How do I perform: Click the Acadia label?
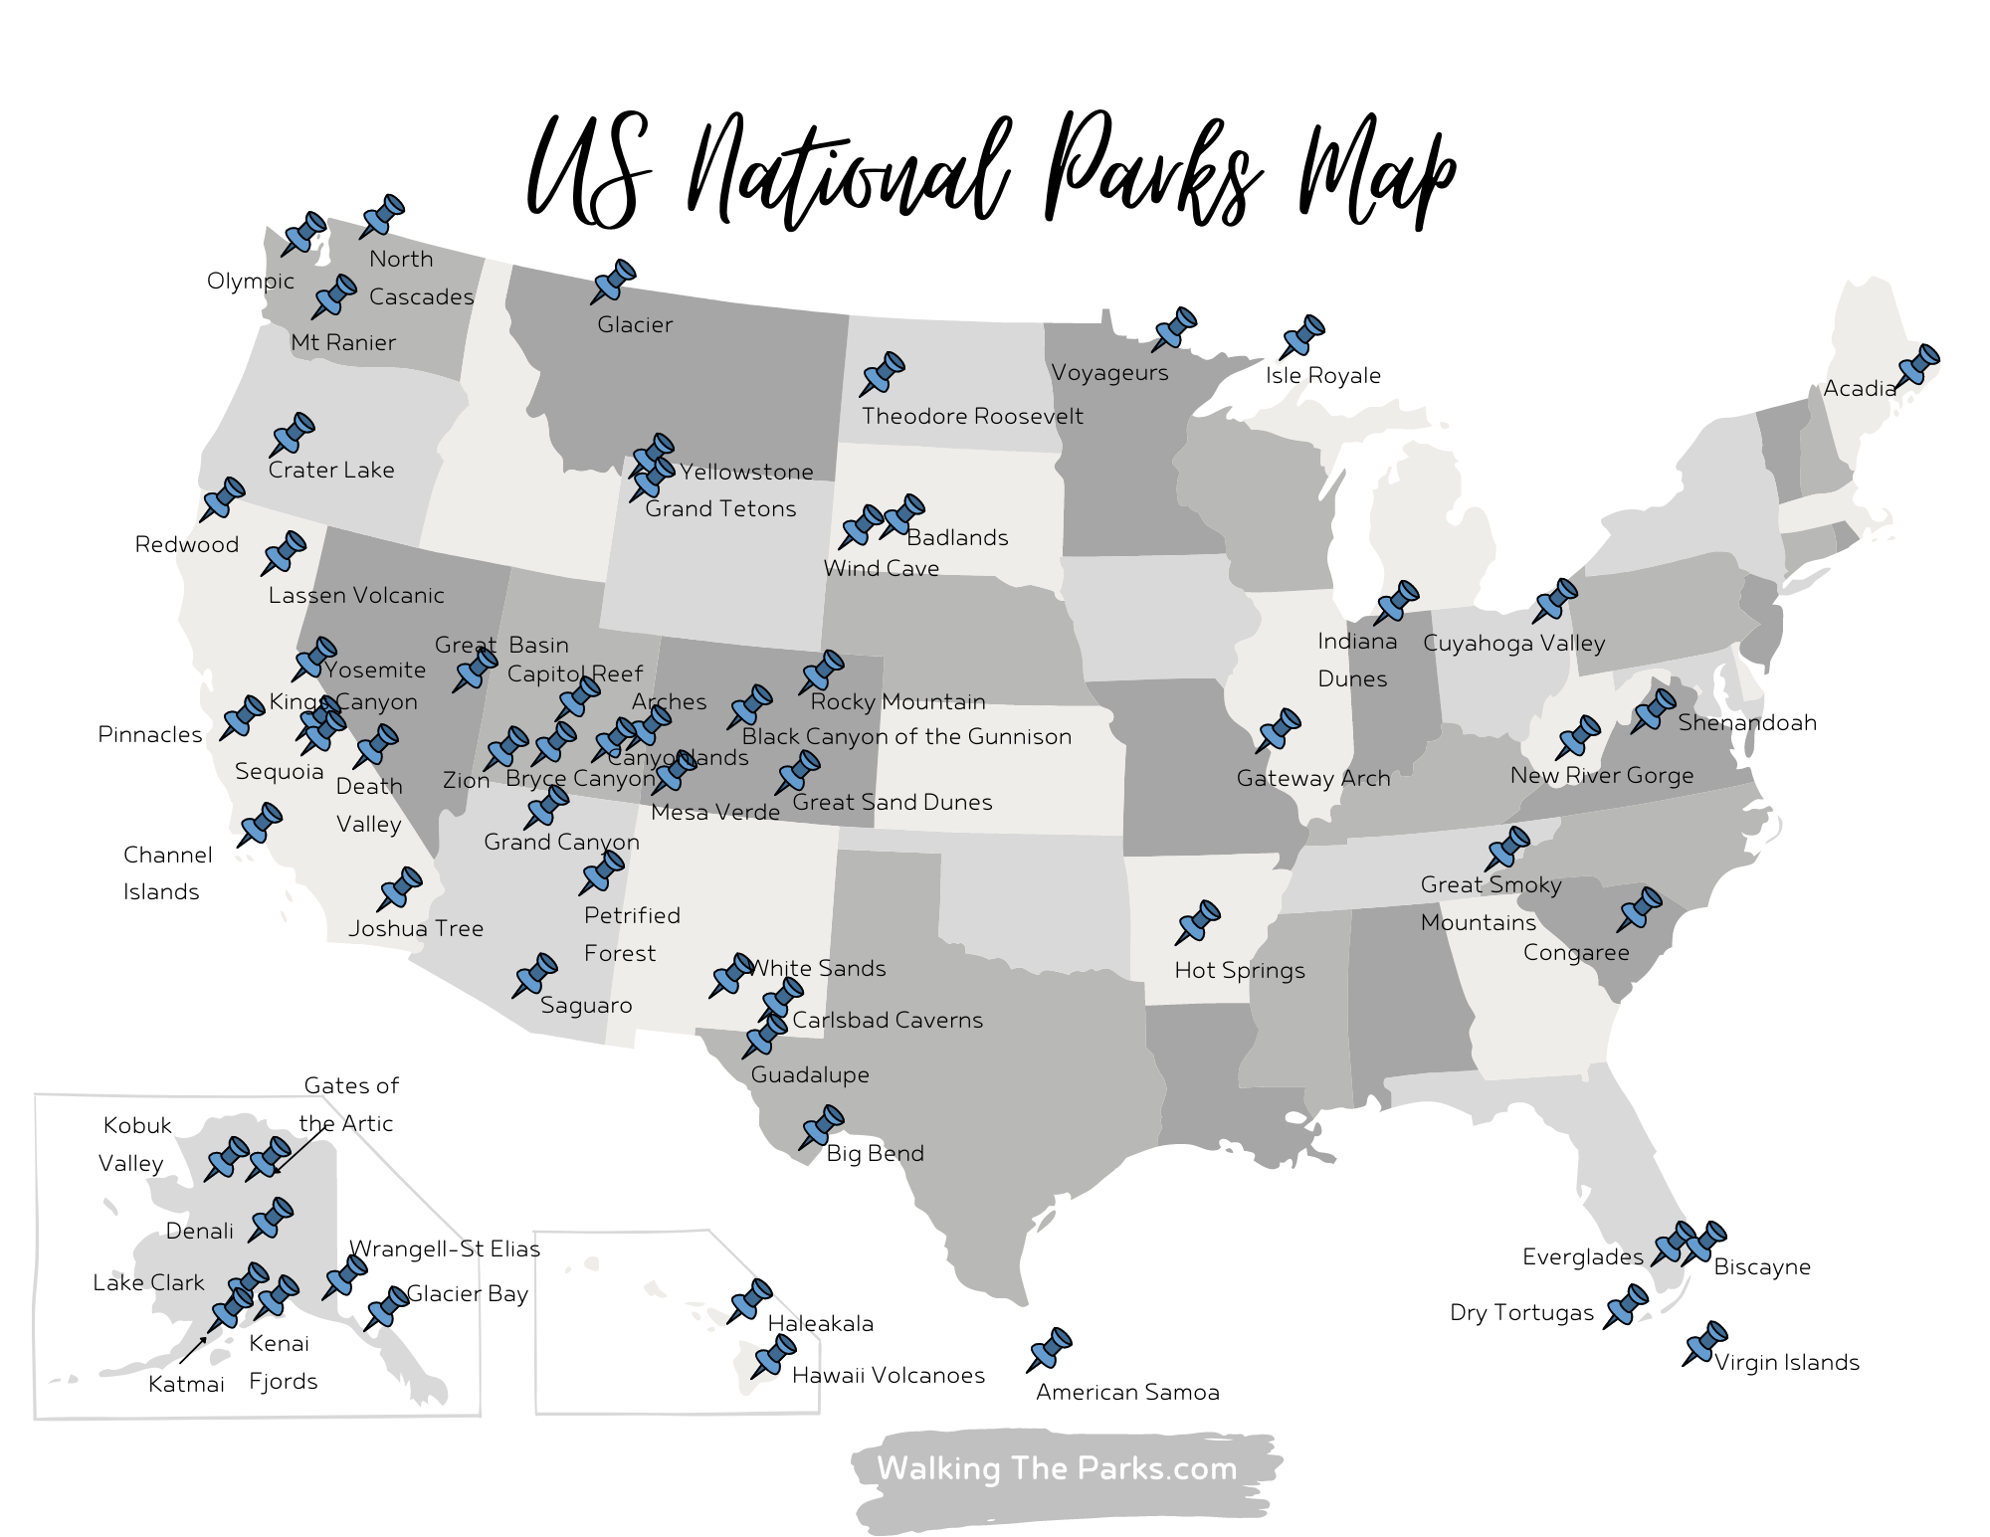click(1859, 389)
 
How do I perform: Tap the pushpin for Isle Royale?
click(1302, 336)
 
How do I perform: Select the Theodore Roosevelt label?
click(972, 416)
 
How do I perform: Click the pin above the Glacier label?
click(614, 282)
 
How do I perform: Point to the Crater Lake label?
click(331, 470)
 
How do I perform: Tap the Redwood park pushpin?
click(223, 498)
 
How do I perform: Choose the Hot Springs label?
click(1239, 970)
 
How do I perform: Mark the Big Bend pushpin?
click(823, 1127)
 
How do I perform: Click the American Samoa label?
click(1127, 1392)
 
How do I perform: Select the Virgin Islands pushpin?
click(1705, 1343)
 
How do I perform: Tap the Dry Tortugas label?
click(1521, 1312)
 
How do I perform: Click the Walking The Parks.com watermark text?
click(1057, 1468)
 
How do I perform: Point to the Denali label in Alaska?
click(199, 1231)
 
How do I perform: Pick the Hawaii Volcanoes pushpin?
click(774, 1356)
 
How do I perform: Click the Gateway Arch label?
click(1312, 778)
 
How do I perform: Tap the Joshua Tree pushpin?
click(400, 888)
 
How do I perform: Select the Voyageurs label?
click(1109, 373)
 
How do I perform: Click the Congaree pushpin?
click(1640, 909)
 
